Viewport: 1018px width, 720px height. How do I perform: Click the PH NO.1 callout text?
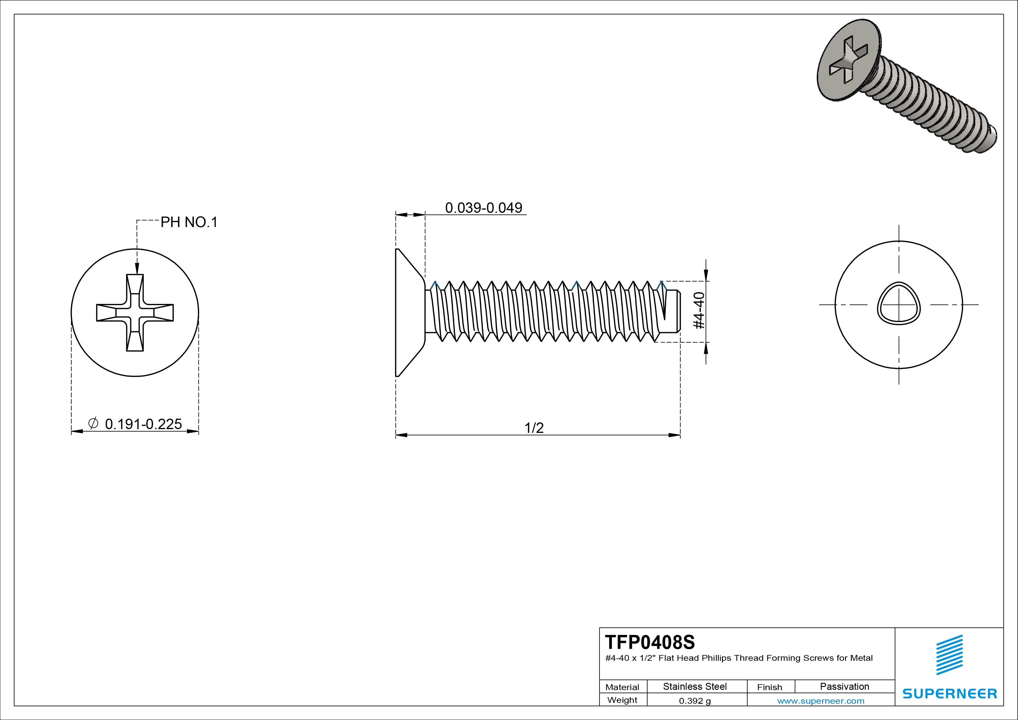point(189,222)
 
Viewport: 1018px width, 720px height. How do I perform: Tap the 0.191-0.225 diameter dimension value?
point(143,424)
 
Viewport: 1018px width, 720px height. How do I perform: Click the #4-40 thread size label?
point(699,311)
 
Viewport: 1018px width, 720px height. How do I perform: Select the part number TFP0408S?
point(650,642)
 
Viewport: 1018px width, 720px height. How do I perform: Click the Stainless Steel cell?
point(695,686)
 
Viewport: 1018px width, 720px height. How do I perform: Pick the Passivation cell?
point(844,686)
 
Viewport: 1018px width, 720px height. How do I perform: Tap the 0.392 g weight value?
point(695,701)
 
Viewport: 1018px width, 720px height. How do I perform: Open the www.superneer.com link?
point(821,701)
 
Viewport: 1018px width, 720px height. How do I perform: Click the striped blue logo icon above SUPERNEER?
point(949,655)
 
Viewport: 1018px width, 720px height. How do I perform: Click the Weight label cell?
point(622,700)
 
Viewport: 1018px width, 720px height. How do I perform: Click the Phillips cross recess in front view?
point(135,313)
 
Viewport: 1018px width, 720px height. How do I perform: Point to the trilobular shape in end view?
point(899,304)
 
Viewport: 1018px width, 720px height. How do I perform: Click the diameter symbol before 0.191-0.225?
point(93,423)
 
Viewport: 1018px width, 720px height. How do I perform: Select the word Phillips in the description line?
point(716,658)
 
